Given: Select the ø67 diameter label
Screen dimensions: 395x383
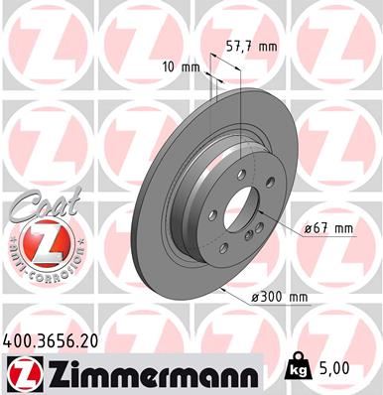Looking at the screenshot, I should click(x=317, y=229).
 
